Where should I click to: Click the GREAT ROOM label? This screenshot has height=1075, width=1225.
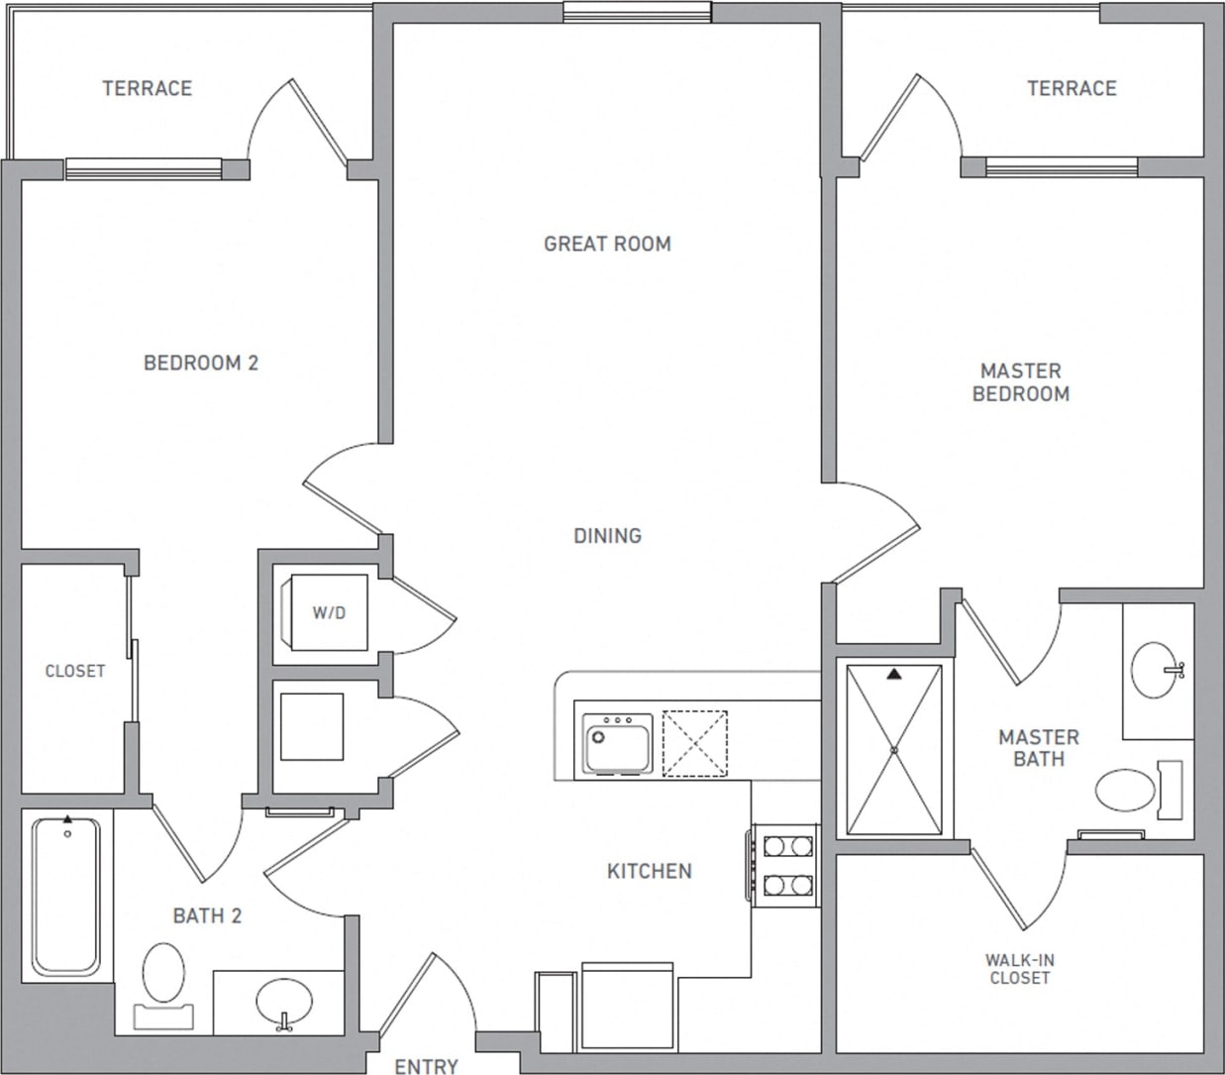click(607, 244)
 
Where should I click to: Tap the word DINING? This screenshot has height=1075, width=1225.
click(607, 536)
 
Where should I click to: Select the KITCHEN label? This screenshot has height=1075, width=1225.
click(649, 871)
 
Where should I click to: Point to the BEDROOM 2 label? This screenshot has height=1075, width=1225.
click(201, 364)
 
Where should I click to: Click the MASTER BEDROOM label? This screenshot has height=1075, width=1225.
click(1020, 382)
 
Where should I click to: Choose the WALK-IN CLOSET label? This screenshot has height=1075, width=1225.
click(1019, 969)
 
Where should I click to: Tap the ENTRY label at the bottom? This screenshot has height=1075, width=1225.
click(426, 1066)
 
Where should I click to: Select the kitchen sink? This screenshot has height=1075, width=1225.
click(616, 742)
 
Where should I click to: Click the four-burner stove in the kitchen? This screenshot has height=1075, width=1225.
click(785, 864)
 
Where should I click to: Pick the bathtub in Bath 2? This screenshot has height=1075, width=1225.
click(66, 895)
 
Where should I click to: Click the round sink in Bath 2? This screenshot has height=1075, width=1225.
click(284, 1004)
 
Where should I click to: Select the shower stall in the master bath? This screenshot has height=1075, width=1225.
click(893, 750)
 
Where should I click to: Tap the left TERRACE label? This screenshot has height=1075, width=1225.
click(147, 89)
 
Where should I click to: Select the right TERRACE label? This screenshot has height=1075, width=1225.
click(1071, 89)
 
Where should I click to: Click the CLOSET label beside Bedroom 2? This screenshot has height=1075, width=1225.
click(75, 672)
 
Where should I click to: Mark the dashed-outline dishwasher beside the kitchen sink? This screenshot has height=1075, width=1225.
click(694, 742)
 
